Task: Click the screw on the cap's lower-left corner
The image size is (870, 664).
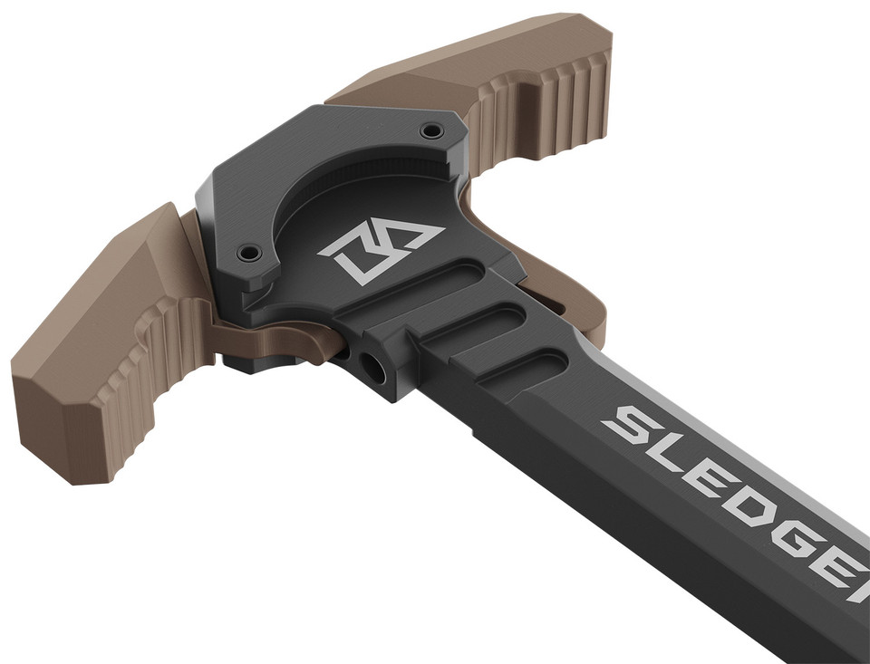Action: pos(250,253)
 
